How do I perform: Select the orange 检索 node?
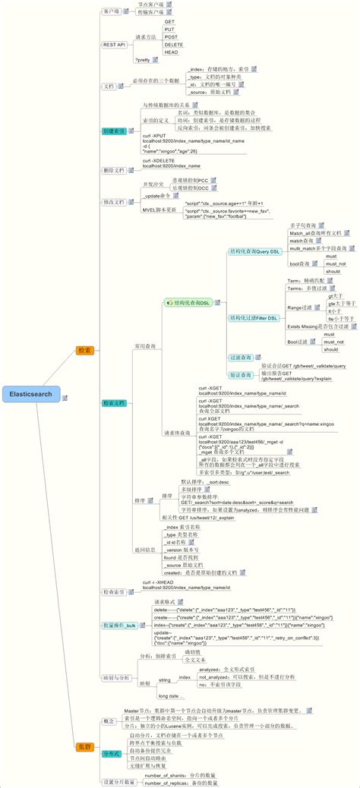coord(84,350)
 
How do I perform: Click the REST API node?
coord(114,45)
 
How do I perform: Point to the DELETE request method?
coord(174,44)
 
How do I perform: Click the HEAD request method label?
coord(172,52)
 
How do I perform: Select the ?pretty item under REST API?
coord(143,59)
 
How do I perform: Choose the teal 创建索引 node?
coord(114,131)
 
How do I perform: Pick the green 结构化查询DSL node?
coord(188,302)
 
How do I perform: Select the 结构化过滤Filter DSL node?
coord(255,317)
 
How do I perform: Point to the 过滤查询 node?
coord(241,357)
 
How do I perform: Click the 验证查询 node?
coord(241,375)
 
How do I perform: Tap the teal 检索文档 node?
coord(114,403)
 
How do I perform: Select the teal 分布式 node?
coord(112,754)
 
